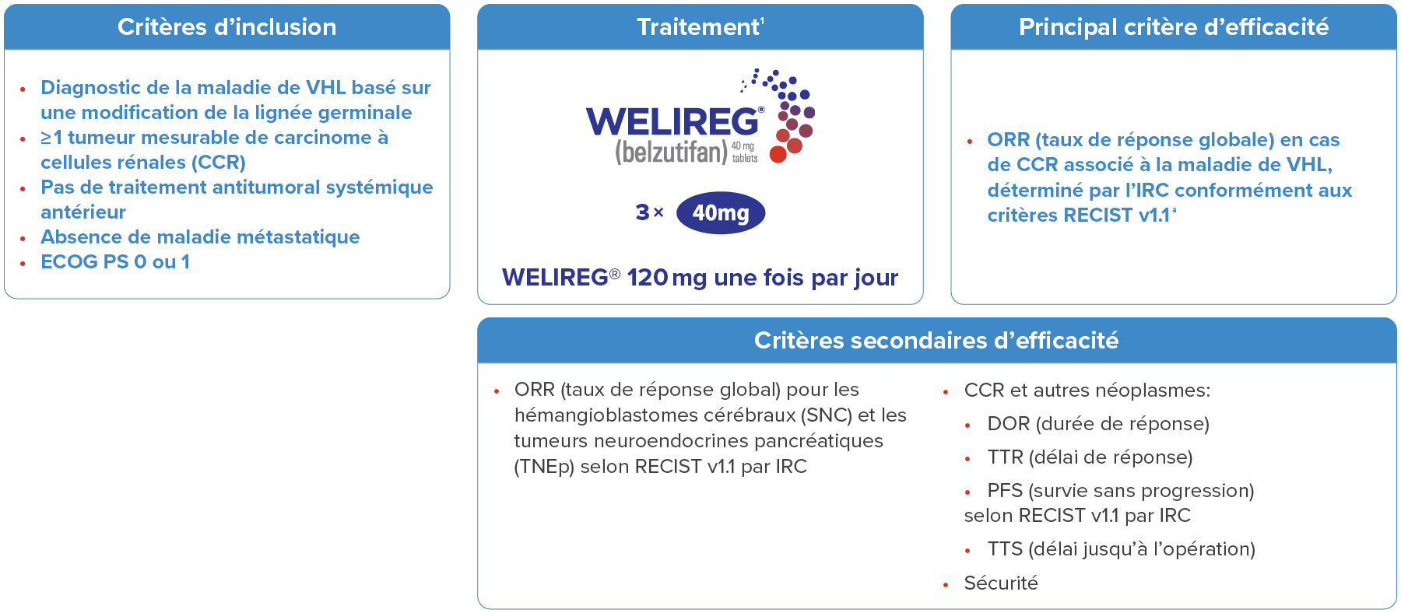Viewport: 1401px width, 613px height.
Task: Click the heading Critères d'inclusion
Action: pyautogui.click(x=227, y=27)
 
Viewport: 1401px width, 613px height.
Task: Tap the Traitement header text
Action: pyautogui.click(x=698, y=27)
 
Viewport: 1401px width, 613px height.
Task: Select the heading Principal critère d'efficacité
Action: pyautogui.click(x=1174, y=27)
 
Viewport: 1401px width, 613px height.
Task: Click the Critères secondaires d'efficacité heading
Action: pyautogui.click(x=936, y=340)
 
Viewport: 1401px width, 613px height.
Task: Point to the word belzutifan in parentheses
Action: pyautogui.click(x=671, y=152)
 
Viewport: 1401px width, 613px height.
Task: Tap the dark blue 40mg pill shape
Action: pyautogui.click(x=721, y=212)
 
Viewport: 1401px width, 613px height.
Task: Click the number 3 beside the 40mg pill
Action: pyautogui.click(x=642, y=212)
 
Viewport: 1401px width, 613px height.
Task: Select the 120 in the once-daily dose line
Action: pyautogui.click(x=648, y=278)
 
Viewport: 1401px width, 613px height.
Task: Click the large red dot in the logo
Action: pyautogui.click(x=778, y=154)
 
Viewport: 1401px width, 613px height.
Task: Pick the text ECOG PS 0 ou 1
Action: pyautogui.click(x=115, y=262)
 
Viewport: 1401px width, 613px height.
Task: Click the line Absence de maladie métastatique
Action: pyautogui.click(x=200, y=237)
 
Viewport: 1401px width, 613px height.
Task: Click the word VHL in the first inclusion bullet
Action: pyautogui.click(x=326, y=88)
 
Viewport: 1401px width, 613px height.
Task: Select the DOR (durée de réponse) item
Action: pyautogui.click(x=1098, y=424)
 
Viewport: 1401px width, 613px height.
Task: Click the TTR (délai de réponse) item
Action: pyautogui.click(x=1090, y=457)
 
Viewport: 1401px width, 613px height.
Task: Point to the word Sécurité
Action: pyautogui.click(x=1001, y=583)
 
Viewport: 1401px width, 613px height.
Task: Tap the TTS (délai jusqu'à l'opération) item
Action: pyautogui.click(x=1121, y=549)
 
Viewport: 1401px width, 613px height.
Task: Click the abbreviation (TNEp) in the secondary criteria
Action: pyautogui.click(x=544, y=467)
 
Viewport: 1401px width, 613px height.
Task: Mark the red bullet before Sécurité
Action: pyautogui.click(x=946, y=585)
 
